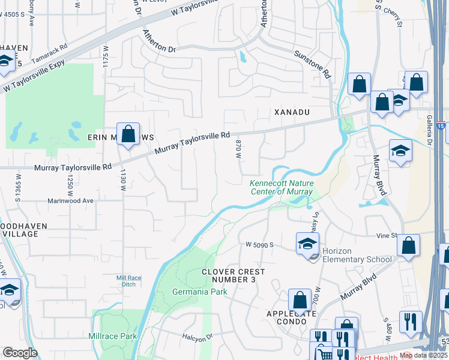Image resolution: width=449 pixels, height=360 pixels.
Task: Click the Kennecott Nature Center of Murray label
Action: coord(281,187)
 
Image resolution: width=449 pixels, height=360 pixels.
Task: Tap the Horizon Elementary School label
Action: coord(357,256)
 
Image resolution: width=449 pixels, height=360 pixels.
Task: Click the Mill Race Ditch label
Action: coord(129,281)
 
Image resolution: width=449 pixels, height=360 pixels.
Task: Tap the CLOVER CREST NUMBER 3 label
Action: coord(233,276)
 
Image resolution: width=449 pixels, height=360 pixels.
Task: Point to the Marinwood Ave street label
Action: coord(71,200)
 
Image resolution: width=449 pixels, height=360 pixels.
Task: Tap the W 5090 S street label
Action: coord(259,245)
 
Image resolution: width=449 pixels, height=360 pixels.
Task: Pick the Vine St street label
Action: coord(387,236)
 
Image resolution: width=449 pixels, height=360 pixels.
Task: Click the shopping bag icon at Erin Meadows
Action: coord(128,134)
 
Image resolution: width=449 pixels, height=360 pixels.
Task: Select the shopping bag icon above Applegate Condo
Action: coord(300,299)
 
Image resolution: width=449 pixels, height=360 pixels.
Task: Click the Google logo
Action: coord(20,353)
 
